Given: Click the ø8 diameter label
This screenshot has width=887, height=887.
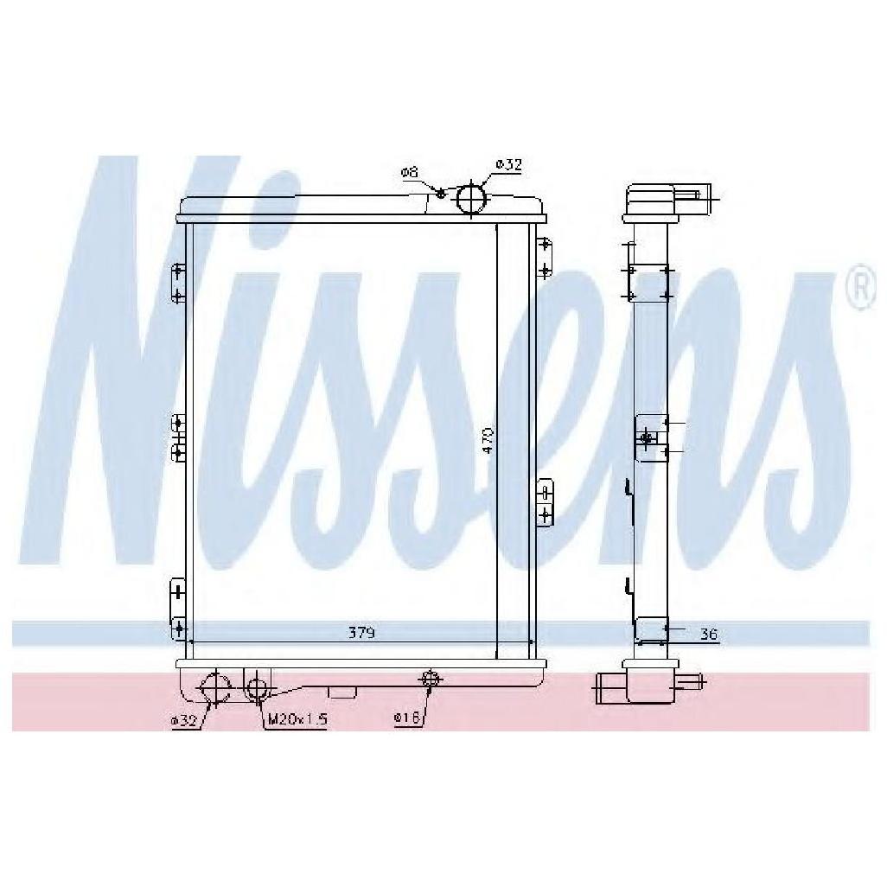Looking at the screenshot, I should (409, 173).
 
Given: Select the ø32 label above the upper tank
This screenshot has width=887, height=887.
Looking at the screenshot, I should (508, 164).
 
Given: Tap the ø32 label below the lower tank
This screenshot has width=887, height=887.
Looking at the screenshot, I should (184, 720).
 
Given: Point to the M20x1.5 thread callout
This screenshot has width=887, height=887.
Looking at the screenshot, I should (297, 719).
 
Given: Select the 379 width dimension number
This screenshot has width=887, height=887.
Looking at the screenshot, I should (361, 633).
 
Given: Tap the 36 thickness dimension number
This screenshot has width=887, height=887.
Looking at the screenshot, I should (708, 635).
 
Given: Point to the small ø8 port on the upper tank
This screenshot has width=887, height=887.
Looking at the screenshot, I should (440, 194).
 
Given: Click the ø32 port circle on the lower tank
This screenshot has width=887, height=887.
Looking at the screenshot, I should (214, 689).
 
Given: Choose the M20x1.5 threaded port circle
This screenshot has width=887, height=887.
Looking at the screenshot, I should (257, 688).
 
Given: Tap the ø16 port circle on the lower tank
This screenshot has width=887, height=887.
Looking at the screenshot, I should (429, 679).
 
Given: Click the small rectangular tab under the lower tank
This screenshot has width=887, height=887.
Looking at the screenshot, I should (343, 691).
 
